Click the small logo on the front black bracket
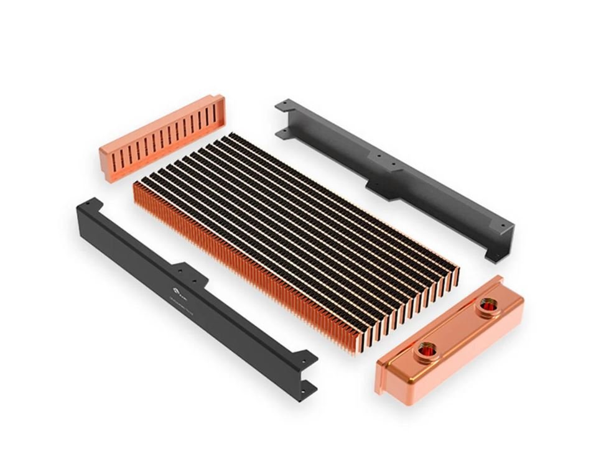[176, 289]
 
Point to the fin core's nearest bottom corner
[357, 352]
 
